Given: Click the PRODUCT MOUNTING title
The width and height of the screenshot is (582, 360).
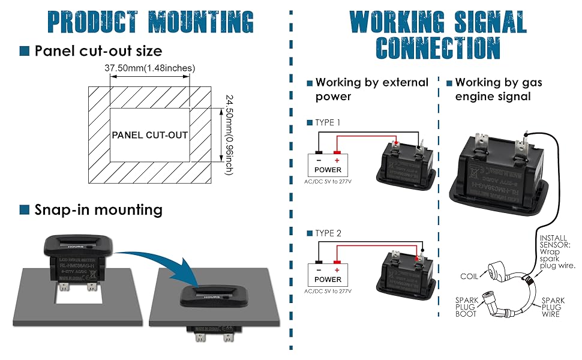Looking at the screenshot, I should [150, 22].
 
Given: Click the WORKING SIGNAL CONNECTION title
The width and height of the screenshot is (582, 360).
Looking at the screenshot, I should [438, 35].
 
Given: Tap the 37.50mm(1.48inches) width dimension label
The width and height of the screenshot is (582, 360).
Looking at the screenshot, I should [150, 68].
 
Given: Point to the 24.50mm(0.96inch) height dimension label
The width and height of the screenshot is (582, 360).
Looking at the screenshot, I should [229, 134].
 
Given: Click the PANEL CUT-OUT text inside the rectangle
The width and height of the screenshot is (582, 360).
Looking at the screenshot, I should [150, 135].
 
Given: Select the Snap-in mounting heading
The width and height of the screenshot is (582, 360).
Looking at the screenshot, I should [98, 209].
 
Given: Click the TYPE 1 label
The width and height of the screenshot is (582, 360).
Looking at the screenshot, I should [328, 122].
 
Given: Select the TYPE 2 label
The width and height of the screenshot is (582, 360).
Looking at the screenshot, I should [328, 233].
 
